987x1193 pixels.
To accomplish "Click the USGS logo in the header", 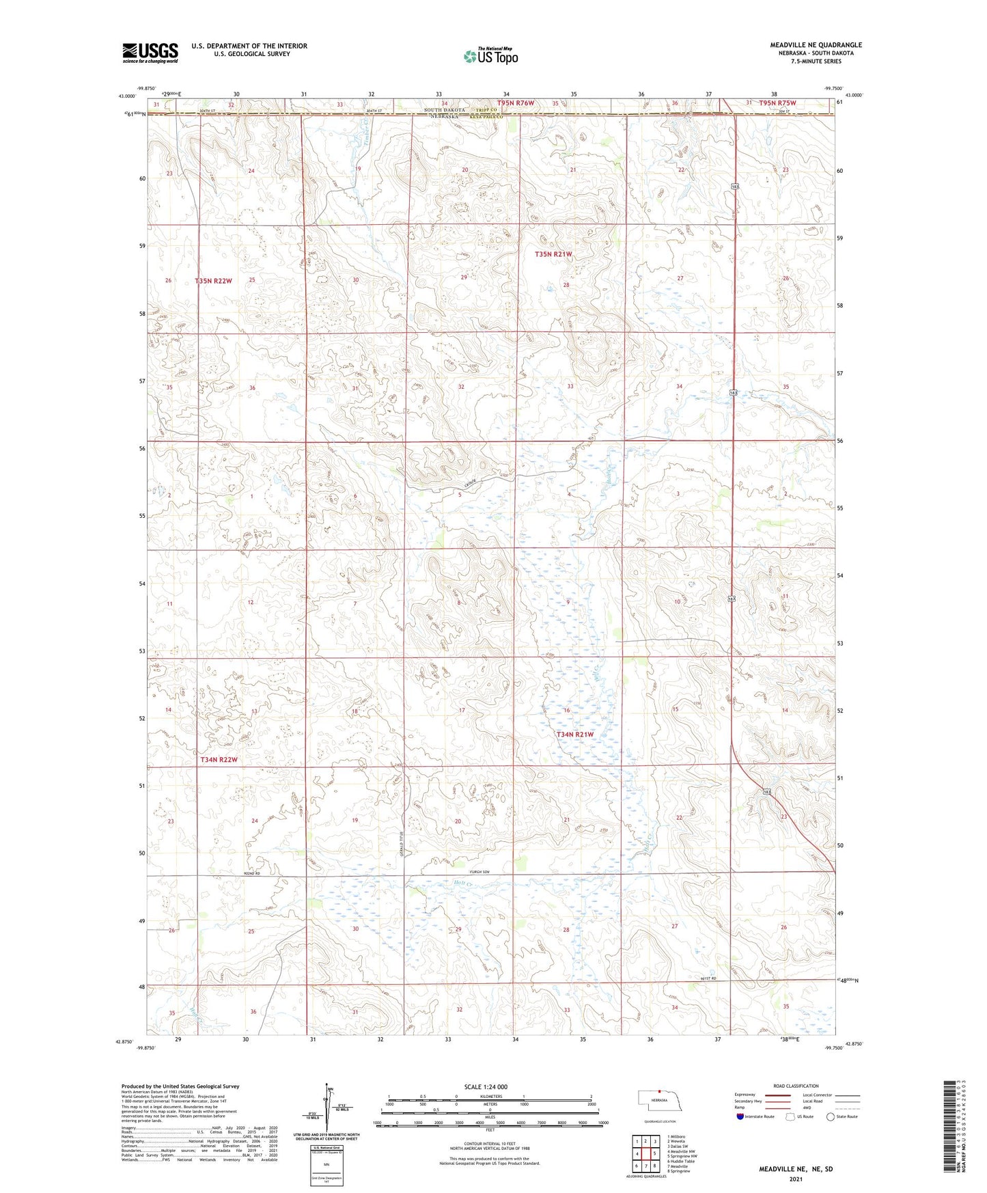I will pyautogui.click(x=150, y=52).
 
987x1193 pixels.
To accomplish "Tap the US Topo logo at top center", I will pyautogui.click(x=490, y=56).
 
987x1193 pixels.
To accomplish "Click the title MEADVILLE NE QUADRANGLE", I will pyautogui.click(x=816, y=45).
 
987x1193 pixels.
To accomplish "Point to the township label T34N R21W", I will pyautogui.click(x=574, y=735).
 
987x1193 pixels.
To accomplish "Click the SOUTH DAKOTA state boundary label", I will pyautogui.click(x=444, y=110).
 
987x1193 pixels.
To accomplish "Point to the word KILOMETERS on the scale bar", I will pyautogui.click(x=490, y=1096).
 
